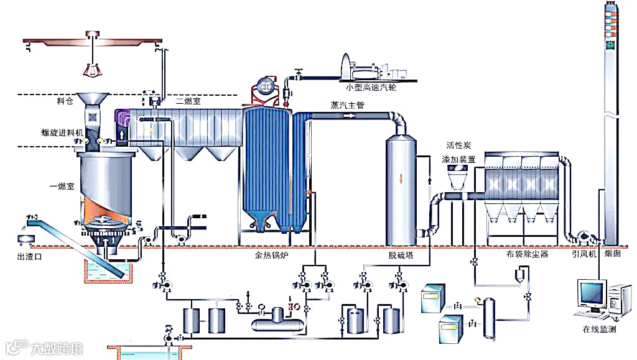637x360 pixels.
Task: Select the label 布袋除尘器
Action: coord(528,254)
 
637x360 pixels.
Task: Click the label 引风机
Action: coord(584,254)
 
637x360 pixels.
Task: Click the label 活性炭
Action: coord(460,145)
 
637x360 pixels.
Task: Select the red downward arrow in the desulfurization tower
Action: coord(401,178)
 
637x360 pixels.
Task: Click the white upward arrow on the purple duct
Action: coord(122,133)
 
